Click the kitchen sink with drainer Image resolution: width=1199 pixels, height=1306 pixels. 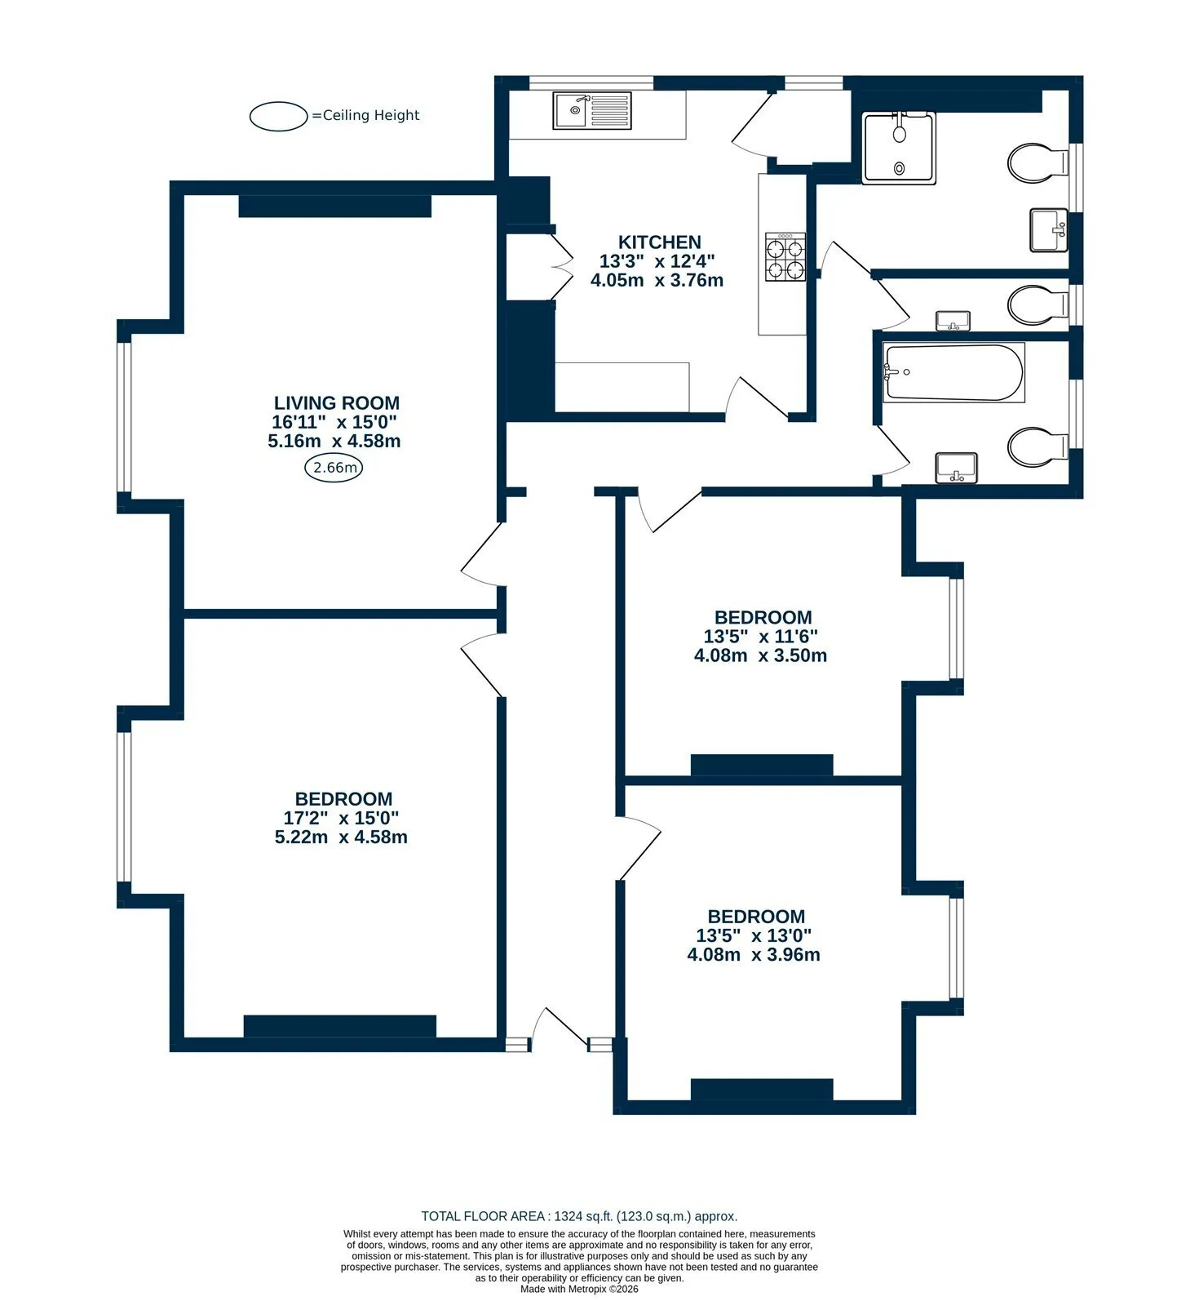tap(592, 110)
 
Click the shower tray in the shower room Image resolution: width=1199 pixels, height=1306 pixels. tap(899, 149)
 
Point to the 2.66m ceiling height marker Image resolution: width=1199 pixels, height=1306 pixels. tap(334, 468)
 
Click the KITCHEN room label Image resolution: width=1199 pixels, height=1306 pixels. tap(659, 242)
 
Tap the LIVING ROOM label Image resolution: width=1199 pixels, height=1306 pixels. tap(336, 402)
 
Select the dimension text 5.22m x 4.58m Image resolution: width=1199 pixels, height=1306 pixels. tap(341, 837)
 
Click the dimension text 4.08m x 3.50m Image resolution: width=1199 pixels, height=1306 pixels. tap(760, 655)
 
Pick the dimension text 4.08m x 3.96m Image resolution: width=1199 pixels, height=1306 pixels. tap(754, 954)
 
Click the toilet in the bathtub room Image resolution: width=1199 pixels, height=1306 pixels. tap(1038, 446)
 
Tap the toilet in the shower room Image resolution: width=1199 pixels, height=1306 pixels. tap(1038, 162)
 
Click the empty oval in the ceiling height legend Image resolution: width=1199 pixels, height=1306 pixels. tap(279, 116)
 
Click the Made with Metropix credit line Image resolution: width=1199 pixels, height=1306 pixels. tap(579, 1290)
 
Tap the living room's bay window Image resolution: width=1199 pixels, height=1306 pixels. tap(124, 417)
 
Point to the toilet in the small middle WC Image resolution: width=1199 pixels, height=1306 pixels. tap(1038, 305)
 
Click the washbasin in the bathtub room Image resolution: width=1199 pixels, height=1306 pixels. tap(956, 468)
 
